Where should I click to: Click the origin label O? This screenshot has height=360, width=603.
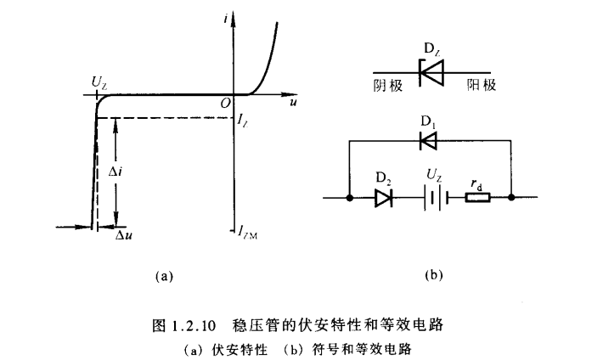pos(226,102)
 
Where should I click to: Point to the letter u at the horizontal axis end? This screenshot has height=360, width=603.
pos(293,102)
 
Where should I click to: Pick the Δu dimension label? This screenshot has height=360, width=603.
pos(124,233)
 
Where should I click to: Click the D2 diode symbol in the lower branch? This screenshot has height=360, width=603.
pos(383,198)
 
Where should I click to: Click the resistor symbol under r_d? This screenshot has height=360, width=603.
pos(477,198)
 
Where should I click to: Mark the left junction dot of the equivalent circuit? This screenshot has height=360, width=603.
pos(350,198)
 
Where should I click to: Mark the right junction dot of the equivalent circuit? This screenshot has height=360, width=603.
pos(512,198)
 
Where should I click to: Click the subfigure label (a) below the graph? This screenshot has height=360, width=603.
pos(165,276)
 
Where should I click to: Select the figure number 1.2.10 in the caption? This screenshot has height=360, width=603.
pos(202,323)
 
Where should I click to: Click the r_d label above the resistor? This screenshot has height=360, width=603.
pos(477,183)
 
